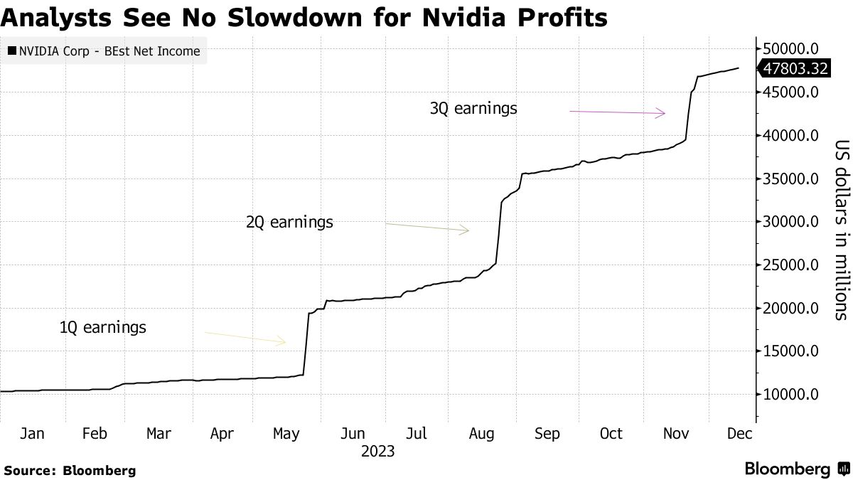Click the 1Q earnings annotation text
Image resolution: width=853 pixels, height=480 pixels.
pyautogui.click(x=103, y=328)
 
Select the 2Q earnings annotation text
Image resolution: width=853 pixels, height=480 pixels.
pyautogui.click(x=289, y=223)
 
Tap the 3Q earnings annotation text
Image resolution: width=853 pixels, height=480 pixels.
pyautogui.click(x=473, y=109)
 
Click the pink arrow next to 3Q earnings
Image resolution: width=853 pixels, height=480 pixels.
pyautogui.click(x=617, y=112)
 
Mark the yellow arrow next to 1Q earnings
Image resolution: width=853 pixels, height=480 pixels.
pyautogui.click(x=245, y=337)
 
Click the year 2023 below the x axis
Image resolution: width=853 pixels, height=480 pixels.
pyautogui.click(x=377, y=451)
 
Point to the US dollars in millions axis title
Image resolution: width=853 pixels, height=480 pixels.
pyautogui.click(x=841, y=228)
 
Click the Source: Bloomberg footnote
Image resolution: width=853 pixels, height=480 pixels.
pyautogui.click(x=69, y=470)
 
